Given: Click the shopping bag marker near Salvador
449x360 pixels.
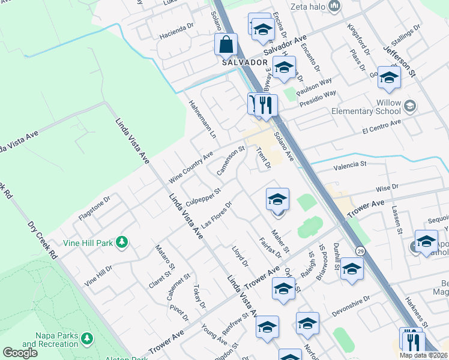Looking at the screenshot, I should pyautogui.click(x=226, y=45).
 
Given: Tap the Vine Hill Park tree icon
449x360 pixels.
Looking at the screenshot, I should pyautogui.click(x=122, y=242).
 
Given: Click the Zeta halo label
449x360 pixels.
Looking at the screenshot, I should pyautogui.click(x=307, y=7).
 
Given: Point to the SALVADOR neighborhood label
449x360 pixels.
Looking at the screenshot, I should pyautogui.click(x=244, y=62).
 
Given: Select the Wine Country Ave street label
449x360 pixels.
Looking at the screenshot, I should pyautogui.click(x=191, y=167).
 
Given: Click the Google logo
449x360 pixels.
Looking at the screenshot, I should pyautogui.click(x=20, y=353).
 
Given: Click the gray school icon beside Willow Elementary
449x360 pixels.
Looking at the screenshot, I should pyautogui.click(x=410, y=107).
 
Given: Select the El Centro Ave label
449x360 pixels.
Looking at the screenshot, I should pyautogui.click(x=381, y=127).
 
